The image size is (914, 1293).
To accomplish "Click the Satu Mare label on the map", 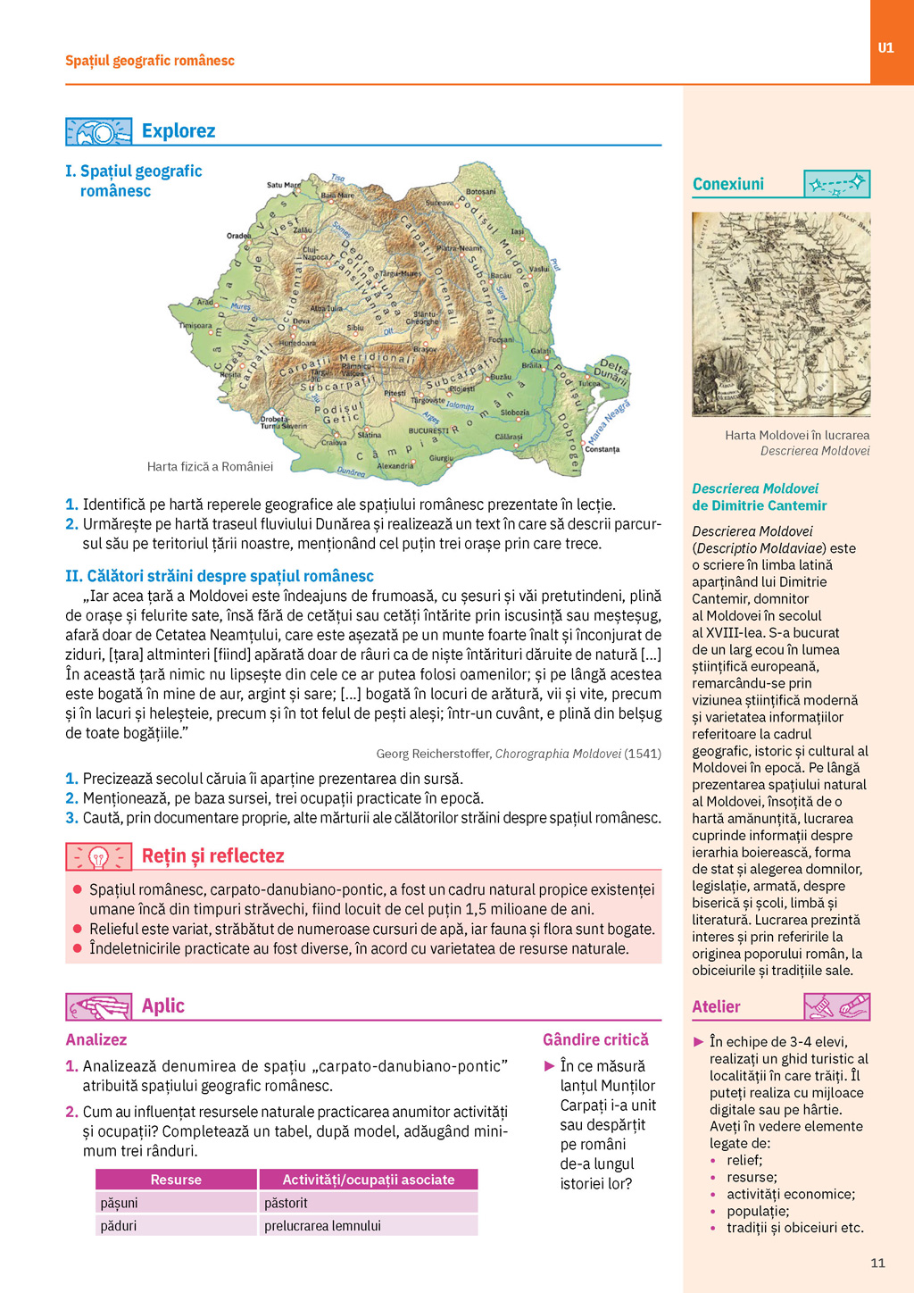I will point(285,185).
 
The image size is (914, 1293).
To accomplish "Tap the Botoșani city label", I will point(480,191).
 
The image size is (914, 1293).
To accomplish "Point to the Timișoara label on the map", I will point(195,326).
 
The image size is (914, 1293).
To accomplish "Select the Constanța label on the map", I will point(602,449).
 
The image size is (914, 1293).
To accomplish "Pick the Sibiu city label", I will point(355,328).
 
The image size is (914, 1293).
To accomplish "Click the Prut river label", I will point(555,265).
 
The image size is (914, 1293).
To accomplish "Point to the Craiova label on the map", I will point(334,442).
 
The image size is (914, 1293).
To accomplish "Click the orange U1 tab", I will point(885,47).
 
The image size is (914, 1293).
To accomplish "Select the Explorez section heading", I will point(179,131).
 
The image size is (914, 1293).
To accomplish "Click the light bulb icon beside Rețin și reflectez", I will point(98,857).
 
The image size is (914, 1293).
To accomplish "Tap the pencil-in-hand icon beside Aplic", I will point(98,1007).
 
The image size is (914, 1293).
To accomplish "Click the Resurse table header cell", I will point(176,1180).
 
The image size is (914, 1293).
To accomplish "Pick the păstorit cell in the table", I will point(286,1203).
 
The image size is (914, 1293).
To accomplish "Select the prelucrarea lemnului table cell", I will point(322,1226).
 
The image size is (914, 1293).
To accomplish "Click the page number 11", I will point(877,1263).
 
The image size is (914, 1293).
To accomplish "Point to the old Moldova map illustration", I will point(781,314).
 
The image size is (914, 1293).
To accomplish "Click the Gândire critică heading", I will point(595,1039).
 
